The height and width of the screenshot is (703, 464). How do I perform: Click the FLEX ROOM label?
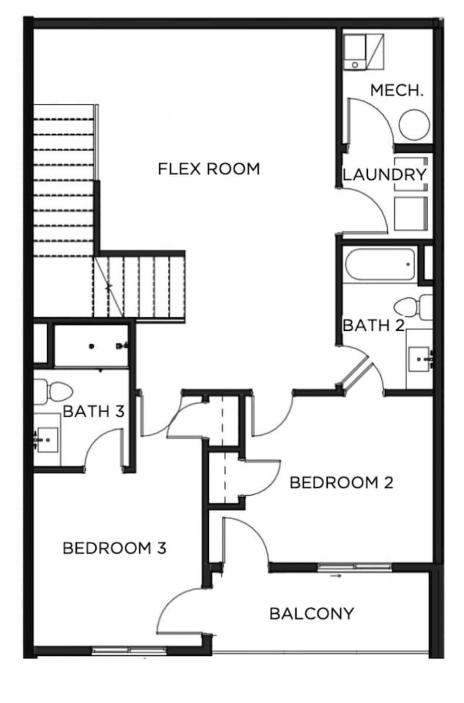(209, 169)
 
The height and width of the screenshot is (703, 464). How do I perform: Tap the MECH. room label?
(397, 90)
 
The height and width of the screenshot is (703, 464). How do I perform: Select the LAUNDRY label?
(384, 174)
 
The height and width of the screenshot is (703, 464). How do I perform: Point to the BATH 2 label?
(373, 325)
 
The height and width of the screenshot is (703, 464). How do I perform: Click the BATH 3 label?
(94, 411)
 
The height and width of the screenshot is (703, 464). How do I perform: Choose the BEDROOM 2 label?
(341, 483)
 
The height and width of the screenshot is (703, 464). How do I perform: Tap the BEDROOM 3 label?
(115, 548)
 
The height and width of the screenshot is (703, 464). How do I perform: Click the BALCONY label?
(312, 614)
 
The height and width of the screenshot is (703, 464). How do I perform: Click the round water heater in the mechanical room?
(414, 125)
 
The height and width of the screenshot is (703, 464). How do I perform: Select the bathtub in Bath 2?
(380, 264)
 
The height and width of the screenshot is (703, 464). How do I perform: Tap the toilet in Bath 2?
(413, 307)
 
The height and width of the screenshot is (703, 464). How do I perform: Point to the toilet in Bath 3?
(53, 392)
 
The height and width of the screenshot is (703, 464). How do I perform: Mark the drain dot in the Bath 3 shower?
(91, 347)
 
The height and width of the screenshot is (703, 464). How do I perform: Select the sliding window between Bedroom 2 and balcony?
(355, 566)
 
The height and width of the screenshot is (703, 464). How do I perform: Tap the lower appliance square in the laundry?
(411, 213)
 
